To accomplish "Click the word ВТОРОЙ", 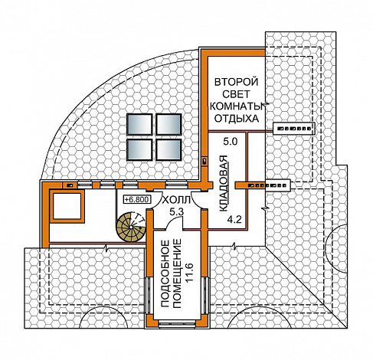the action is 236,82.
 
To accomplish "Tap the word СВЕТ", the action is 236,94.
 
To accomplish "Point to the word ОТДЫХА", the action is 236,119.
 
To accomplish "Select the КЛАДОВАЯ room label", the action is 223,183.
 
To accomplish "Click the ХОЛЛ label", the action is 177,200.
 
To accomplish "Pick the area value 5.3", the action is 177,211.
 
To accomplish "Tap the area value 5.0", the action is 231,142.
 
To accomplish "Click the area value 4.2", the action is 234,220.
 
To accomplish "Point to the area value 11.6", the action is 191,273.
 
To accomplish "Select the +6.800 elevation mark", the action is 137,199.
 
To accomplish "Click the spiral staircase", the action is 131,226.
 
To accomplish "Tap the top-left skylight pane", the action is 139,124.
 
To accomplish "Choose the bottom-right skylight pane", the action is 169,149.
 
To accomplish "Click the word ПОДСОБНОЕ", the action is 165,274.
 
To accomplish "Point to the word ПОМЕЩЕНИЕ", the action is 177,273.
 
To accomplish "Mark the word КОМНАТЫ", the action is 236,106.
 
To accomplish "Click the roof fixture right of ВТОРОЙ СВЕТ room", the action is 293,128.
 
